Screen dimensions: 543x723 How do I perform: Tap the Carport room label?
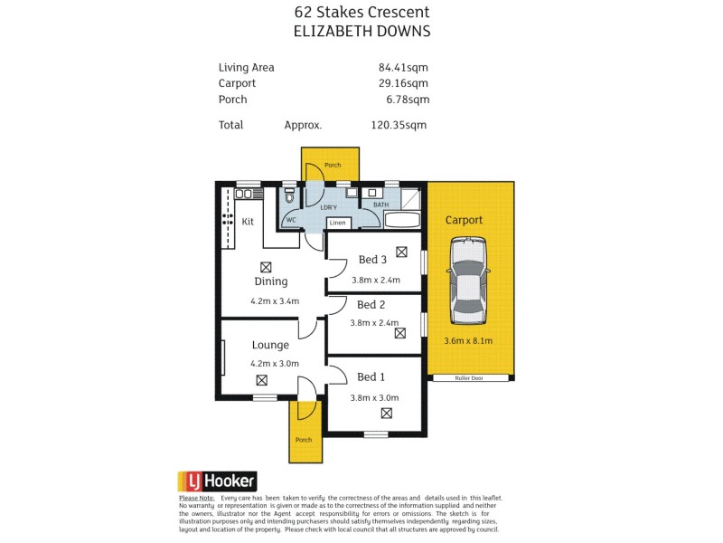(464, 220)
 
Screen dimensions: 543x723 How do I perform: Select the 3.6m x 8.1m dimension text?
(468, 341)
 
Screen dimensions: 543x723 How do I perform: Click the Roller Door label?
(469, 378)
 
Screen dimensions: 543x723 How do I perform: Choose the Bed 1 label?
(371, 376)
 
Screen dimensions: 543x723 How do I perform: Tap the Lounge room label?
(270, 345)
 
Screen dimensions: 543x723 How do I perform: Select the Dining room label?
(270, 281)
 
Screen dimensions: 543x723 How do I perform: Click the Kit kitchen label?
(247, 222)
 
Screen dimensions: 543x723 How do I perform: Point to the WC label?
(291, 220)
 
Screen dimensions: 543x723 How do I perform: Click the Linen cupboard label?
(337, 223)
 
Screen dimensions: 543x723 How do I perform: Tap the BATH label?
(380, 205)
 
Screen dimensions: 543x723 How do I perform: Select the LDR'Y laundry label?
(329, 207)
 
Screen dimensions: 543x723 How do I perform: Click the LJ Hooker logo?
(217, 481)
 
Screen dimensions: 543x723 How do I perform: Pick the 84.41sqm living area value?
(403, 67)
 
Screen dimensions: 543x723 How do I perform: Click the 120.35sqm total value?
(399, 126)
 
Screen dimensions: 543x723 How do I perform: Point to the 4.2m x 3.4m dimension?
(275, 301)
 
